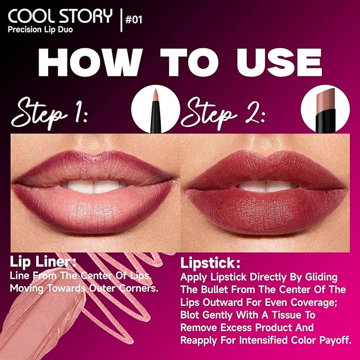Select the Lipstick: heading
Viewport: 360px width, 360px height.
pyautogui.click(x=209, y=264)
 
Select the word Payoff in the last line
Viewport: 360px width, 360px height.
pyautogui.click(x=333, y=340)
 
